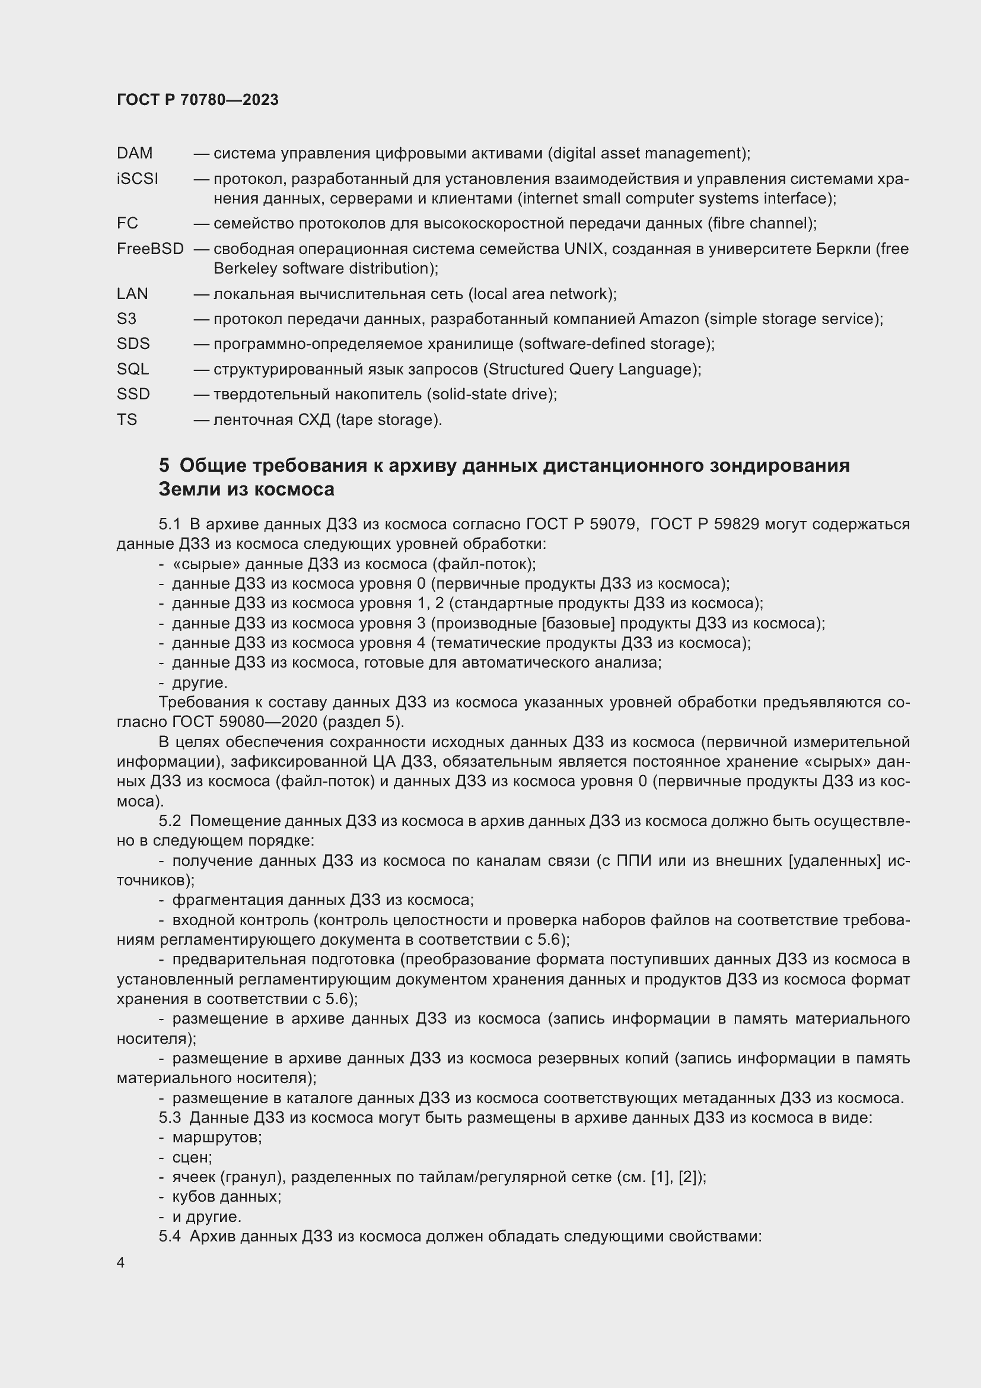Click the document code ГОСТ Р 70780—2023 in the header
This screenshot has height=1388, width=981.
click(x=198, y=100)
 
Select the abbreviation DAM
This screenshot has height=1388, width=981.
click(x=135, y=154)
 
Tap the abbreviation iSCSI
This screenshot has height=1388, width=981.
click(x=138, y=179)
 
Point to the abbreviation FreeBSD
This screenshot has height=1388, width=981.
click(x=151, y=249)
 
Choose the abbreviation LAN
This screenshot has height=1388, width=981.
click(x=132, y=294)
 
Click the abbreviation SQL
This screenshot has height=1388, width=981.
click(x=133, y=369)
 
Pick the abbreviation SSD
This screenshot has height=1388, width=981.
click(x=133, y=394)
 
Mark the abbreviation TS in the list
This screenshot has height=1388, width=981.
click(x=127, y=420)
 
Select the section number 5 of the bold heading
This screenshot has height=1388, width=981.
click(x=164, y=465)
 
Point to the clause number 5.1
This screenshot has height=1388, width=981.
click(x=170, y=524)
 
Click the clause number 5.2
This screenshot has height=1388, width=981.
click(x=170, y=821)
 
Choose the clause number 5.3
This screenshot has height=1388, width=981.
click(x=170, y=1117)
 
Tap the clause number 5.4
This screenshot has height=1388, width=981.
click(x=170, y=1236)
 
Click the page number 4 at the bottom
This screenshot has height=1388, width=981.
click(x=121, y=1263)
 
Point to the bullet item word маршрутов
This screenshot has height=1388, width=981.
click(x=217, y=1137)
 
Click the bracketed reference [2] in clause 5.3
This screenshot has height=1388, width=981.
click(x=689, y=1177)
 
